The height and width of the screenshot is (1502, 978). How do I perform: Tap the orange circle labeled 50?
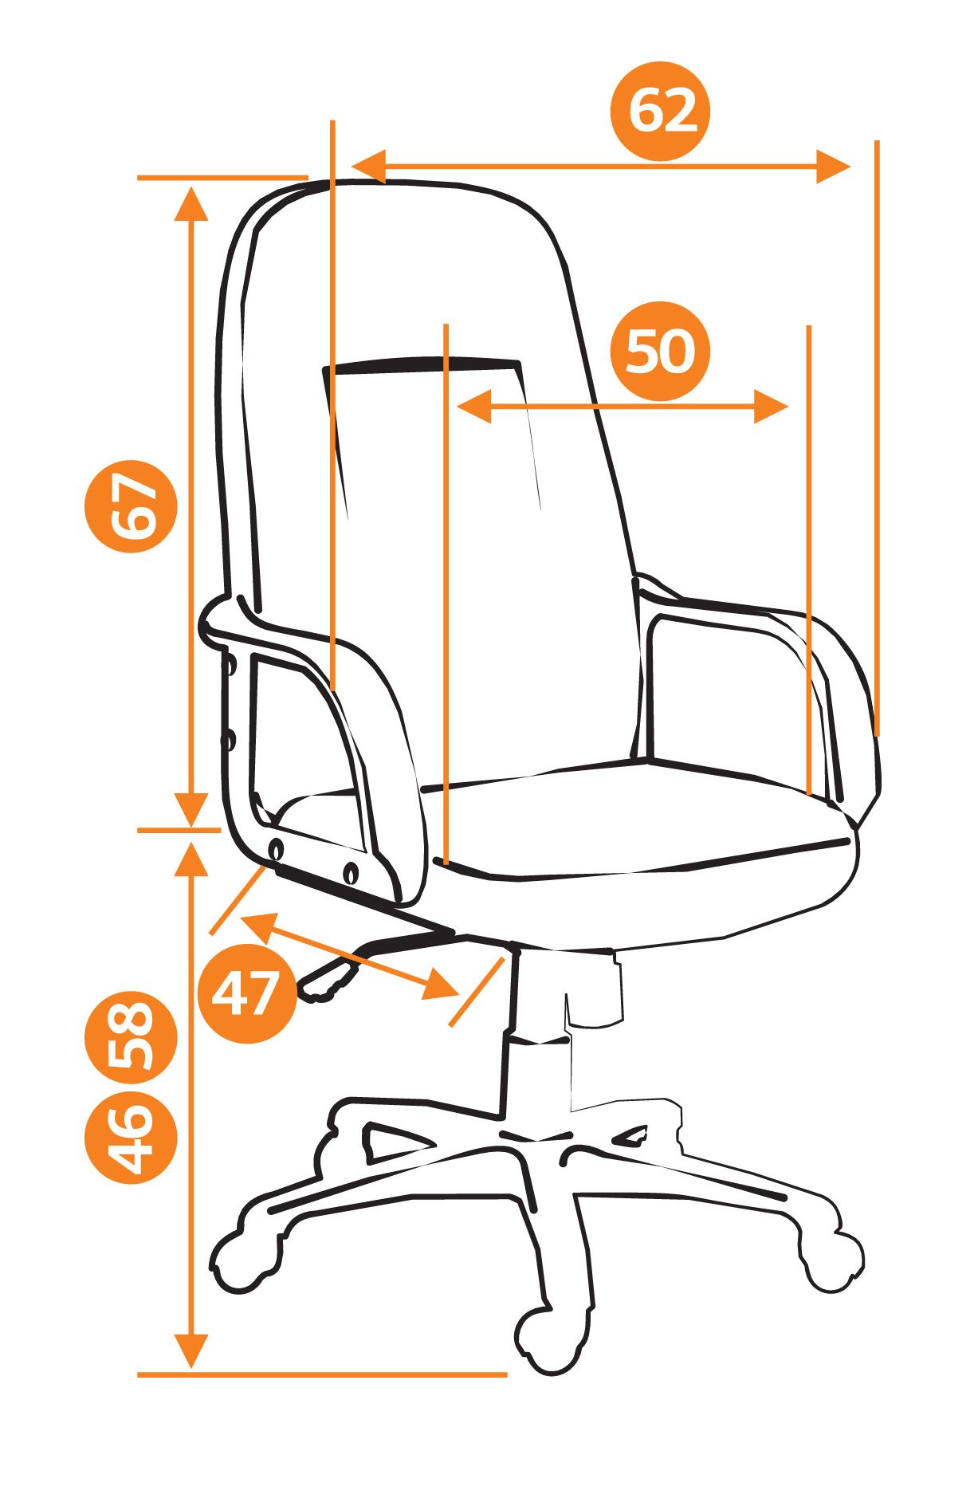tap(659, 351)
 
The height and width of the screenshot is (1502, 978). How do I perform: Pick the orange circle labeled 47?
tap(246, 993)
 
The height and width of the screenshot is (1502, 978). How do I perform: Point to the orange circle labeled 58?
tap(130, 1036)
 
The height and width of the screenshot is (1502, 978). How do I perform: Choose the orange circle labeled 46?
tap(130, 1138)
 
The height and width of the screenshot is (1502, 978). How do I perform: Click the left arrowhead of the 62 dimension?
tap(368, 167)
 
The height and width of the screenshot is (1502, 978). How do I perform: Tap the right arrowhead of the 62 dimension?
tap(834, 167)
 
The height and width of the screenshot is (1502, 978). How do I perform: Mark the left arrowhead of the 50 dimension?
tap(474, 407)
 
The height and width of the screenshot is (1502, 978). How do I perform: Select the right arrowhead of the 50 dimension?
tap(771, 407)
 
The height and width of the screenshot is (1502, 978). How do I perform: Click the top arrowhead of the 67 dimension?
tap(191, 202)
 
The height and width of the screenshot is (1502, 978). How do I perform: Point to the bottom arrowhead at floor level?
tap(191, 1351)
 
